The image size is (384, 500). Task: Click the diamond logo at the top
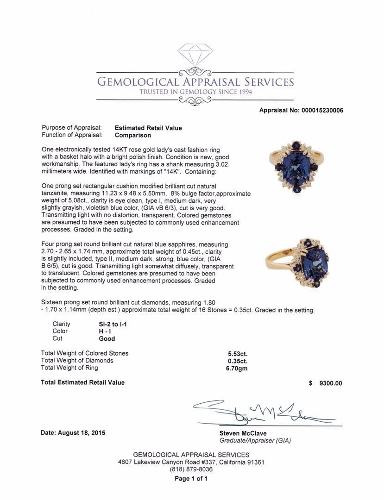point(195,54)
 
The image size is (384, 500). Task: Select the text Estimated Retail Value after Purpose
point(148,128)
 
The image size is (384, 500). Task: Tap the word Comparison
point(133,135)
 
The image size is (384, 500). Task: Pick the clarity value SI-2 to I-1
point(110,324)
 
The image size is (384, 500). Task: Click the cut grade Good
point(101,339)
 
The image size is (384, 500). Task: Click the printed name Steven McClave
point(243,433)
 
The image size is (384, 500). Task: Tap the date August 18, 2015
point(73,433)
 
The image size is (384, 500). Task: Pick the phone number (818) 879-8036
point(191,469)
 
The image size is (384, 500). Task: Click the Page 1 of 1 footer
point(191,479)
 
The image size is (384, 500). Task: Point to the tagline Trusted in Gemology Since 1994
point(195,92)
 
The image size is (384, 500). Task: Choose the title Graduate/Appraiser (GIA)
point(255,441)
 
